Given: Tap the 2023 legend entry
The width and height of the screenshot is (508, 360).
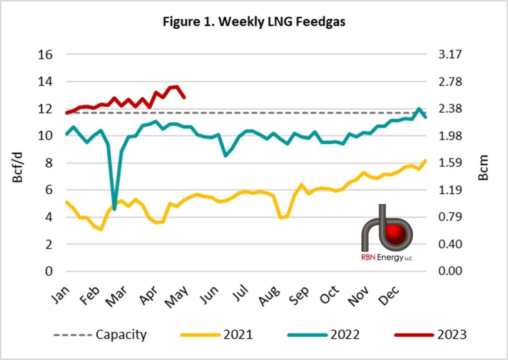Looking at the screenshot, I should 450,335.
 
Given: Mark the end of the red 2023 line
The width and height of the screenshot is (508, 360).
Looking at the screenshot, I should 185,97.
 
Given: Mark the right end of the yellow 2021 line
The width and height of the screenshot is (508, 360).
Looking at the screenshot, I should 426,160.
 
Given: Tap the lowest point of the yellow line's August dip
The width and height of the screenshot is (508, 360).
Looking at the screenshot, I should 281,218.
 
